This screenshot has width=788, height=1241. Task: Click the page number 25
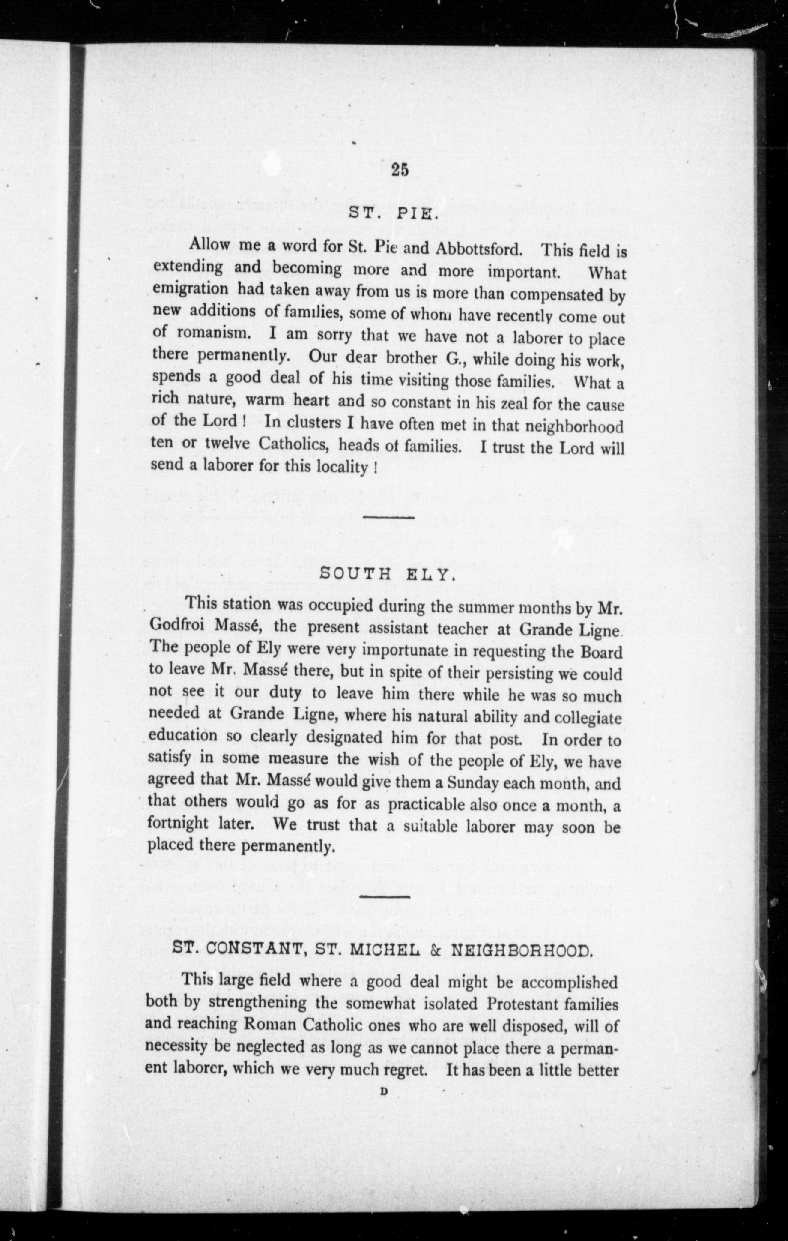click(400, 170)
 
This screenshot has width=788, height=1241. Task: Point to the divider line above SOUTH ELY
click(389, 516)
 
